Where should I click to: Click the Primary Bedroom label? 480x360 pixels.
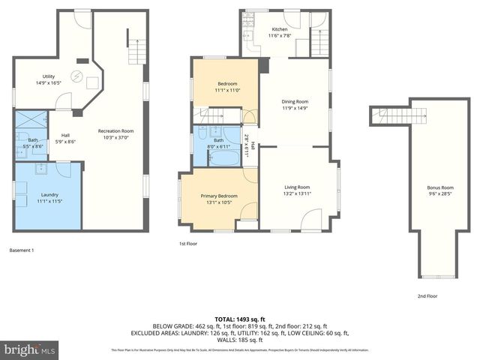pos(219,199)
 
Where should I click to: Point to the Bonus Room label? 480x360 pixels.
pos(440,190)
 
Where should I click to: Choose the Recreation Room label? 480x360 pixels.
pos(115,134)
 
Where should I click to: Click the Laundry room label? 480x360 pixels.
pos(49,198)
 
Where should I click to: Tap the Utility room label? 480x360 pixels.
pos(49,79)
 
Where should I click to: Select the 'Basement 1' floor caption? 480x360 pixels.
pos(22,250)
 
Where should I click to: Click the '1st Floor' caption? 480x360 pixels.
pos(187,244)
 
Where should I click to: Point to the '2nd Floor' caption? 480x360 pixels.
pos(427,296)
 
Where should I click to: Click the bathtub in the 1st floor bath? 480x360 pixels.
pos(222,157)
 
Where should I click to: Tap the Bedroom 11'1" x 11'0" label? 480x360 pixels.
pos(228,86)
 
